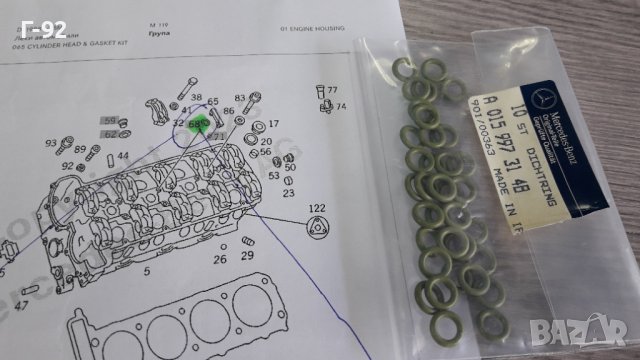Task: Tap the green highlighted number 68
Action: (197, 124)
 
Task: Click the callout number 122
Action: (317, 208)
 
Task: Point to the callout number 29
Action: (248, 256)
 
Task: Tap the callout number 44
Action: (122, 157)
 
